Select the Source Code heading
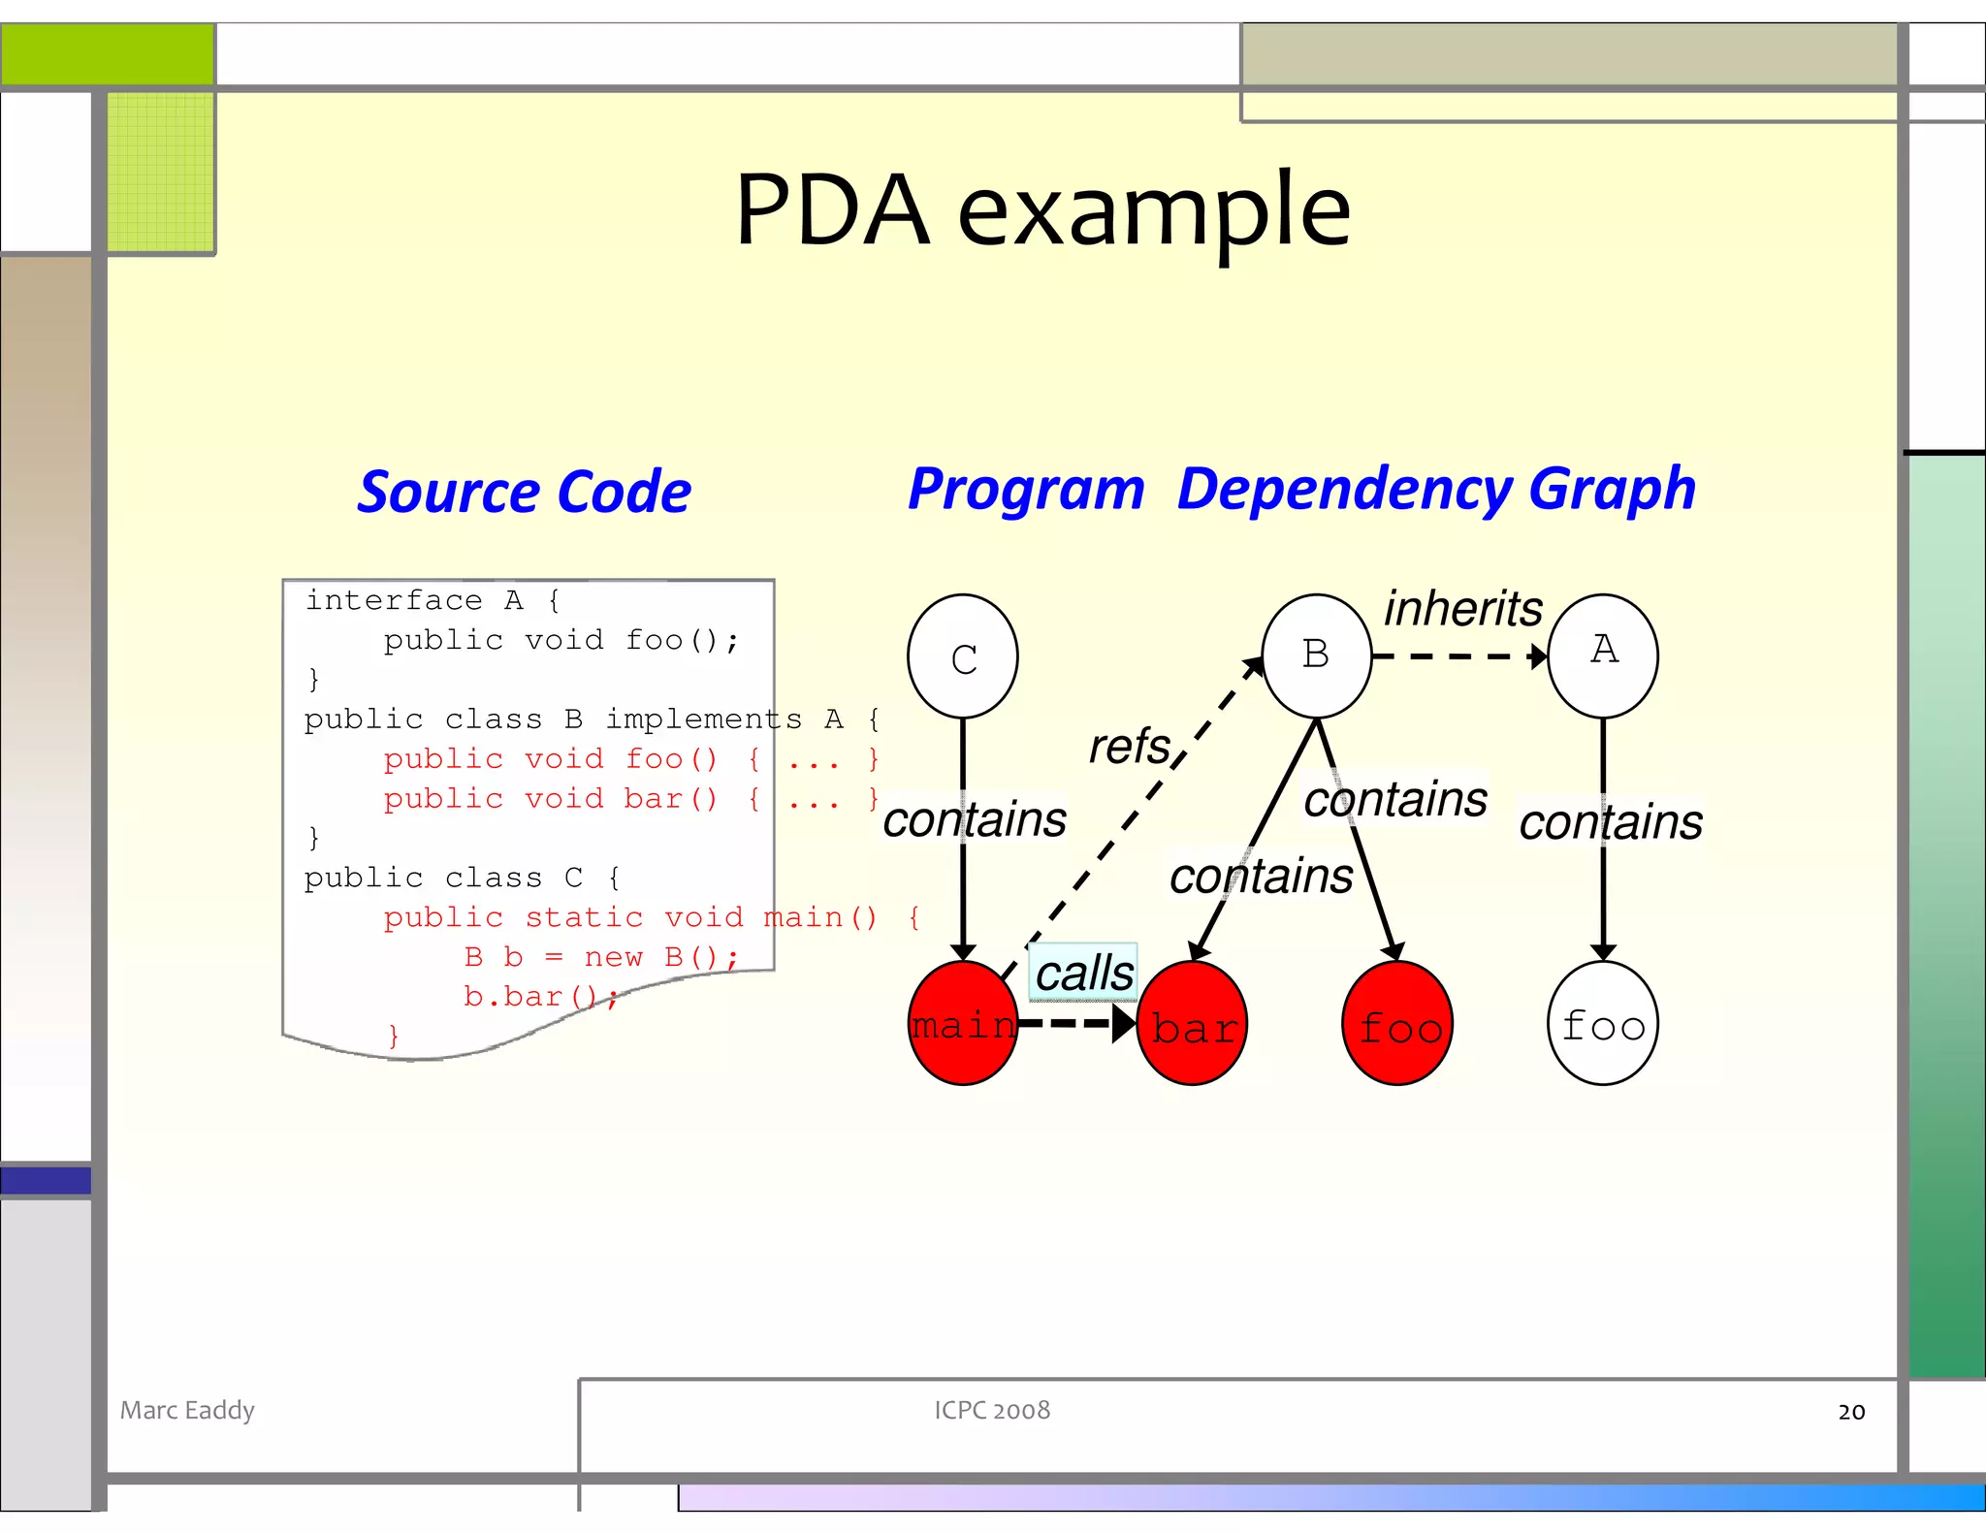tap(524, 492)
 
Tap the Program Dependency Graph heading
tap(1301, 489)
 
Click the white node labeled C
tap(962, 656)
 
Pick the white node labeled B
tap(1316, 655)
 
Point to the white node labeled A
tap(1602, 655)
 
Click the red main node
tap(962, 1024)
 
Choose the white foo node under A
tap(1602, 1024)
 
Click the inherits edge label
tap(1462, 609)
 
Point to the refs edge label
tap(1130, 747)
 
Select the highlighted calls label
tap(1083, 973)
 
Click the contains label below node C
tap(974, 819)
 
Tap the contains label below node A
tap(1610, 822)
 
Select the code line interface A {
tap(432, 600)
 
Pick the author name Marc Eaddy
tap(187, 1410)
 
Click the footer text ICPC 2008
tap(991, 1410)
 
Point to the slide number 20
tap(1850, 1412)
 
